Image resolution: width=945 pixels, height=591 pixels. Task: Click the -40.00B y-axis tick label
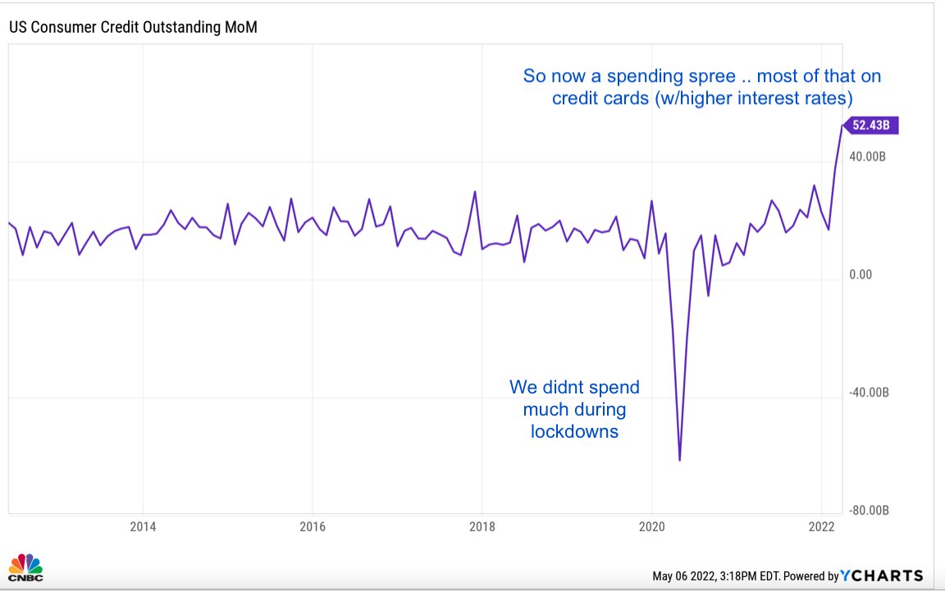[869, 393]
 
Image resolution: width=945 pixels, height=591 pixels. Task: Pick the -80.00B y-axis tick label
[869, 511]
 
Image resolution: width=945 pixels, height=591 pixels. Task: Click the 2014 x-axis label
[143, 525]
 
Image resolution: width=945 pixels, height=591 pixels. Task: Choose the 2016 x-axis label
[313, 525]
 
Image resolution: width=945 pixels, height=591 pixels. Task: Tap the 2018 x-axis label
[482, 525]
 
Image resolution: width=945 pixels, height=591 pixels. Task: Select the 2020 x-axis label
[652, 525]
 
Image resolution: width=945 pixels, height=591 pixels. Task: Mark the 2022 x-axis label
[822, 525]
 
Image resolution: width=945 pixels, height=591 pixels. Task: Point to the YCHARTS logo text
[882, 575]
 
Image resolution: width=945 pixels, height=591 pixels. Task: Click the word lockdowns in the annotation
[574, 430]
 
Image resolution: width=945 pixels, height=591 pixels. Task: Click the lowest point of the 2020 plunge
[680, 461]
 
